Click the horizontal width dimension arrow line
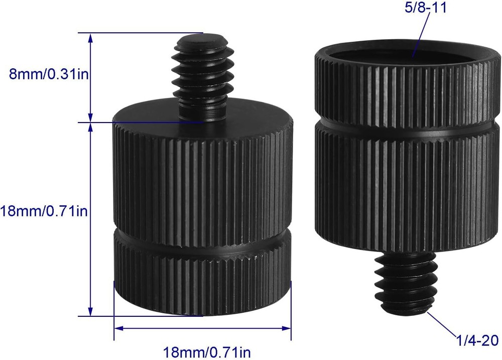(x=202, y=329)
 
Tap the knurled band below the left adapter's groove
(x=202, y=276)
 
